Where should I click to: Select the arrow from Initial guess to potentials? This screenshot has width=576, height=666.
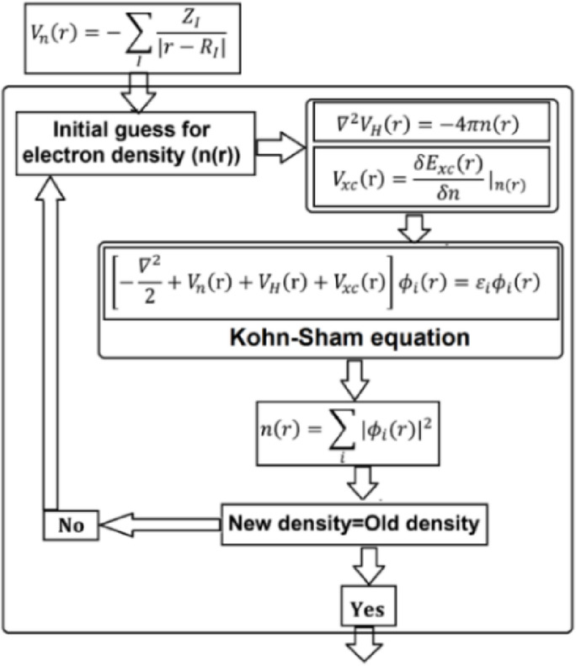[278, 147]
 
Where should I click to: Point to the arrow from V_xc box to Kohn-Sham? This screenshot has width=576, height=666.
[414, 226]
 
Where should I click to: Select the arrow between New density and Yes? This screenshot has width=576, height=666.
[366, 565]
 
